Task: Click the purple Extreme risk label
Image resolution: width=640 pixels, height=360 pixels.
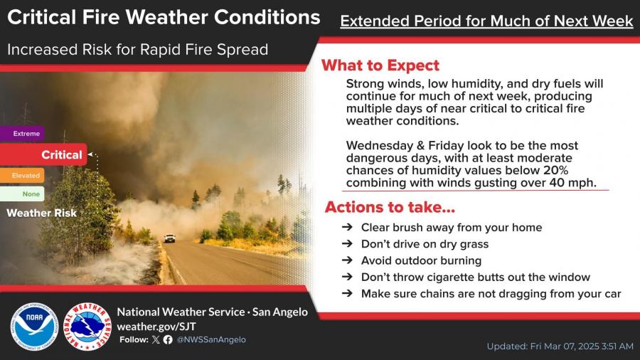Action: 22,134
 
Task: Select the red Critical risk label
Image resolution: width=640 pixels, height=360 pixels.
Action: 43,154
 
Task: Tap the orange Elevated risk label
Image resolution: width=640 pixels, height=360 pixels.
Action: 22,176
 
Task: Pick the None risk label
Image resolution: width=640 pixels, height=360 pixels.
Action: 22,194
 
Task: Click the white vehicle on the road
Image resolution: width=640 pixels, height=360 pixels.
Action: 169,238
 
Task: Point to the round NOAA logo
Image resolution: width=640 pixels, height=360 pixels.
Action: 34,327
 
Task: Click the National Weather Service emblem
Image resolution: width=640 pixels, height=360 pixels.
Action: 87,327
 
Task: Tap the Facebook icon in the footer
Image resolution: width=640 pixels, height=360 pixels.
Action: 168,339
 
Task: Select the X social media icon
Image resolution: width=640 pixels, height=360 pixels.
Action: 156,339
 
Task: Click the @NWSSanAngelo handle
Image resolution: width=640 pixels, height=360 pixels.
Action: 211,339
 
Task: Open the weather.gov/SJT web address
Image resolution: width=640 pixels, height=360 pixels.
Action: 156,327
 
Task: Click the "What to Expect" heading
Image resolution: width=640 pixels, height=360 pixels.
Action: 380,65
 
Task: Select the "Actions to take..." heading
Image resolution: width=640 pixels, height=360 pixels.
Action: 390,207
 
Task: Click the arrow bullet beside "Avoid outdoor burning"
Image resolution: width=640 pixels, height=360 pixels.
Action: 347,260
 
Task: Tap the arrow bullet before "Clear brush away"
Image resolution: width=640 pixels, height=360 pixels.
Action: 347,227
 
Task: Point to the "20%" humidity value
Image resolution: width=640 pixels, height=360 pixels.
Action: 555,170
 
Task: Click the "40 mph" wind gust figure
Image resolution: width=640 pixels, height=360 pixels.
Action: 572,182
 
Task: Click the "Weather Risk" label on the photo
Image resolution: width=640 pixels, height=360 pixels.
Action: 42,213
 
